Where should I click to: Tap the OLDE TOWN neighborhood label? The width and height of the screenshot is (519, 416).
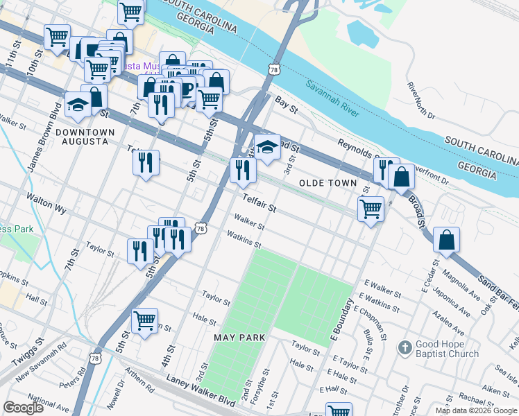[x=327, y=183]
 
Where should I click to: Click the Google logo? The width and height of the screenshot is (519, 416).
[x=23, y=408]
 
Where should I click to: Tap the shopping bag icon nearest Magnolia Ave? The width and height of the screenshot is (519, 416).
[x=447, y=240]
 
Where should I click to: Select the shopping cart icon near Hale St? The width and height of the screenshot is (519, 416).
[x=144, y=320]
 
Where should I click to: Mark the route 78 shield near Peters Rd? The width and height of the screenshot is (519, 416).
[x=95, y=357]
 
